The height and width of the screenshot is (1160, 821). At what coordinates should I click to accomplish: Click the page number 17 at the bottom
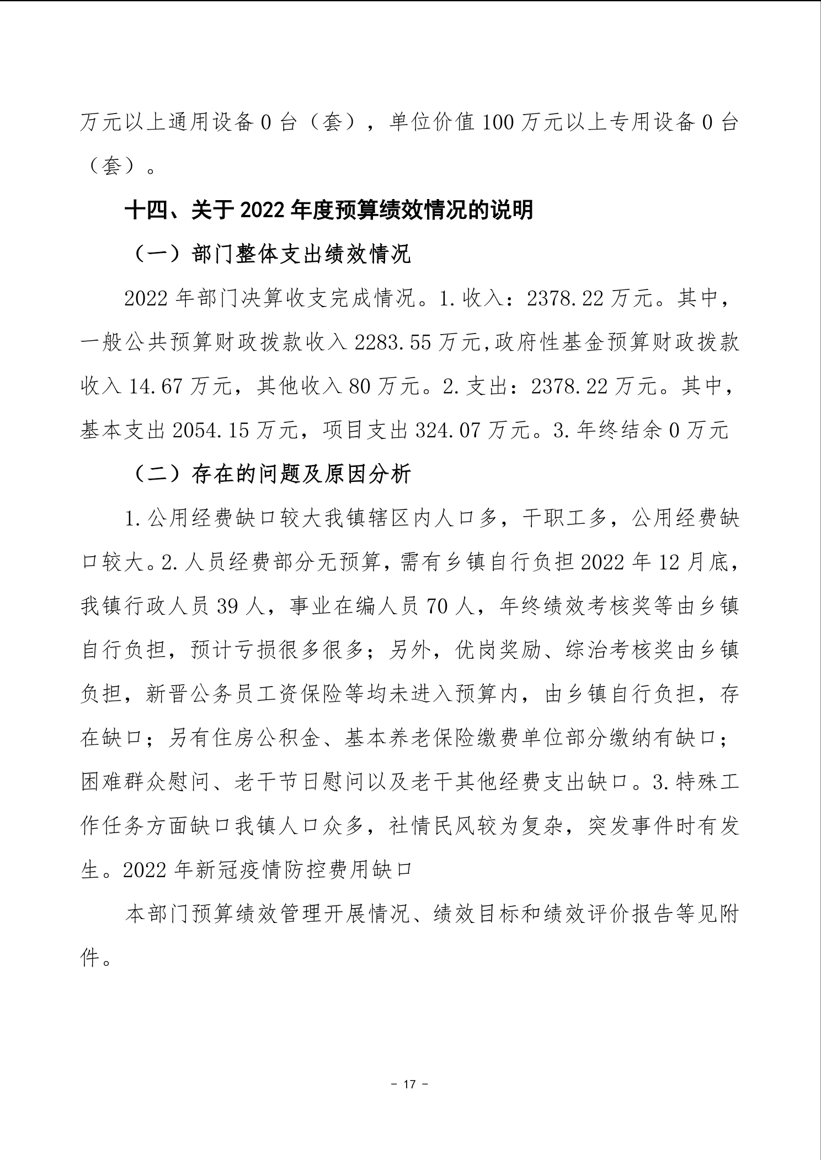point(409,1084)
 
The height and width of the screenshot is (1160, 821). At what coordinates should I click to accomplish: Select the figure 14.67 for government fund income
point(155,386)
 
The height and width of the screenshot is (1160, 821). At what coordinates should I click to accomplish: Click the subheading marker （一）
point(157,255)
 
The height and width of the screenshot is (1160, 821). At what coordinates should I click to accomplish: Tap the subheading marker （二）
point(157,474)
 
